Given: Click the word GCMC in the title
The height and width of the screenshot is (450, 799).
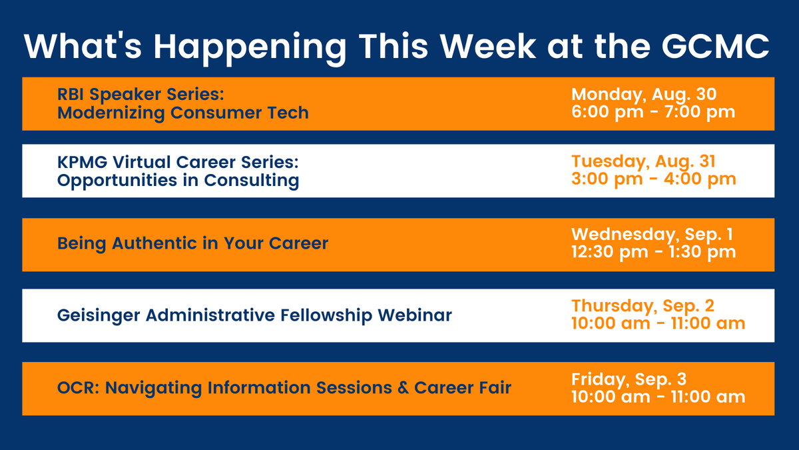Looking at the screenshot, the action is (715, 47).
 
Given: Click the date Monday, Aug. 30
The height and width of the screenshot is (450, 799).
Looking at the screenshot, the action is (644, 95).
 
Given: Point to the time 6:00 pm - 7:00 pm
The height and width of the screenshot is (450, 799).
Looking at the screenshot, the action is (653, 112).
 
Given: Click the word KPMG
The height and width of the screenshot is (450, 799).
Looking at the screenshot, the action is (82, 162).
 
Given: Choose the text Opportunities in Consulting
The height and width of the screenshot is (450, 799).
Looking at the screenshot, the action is (178, 181).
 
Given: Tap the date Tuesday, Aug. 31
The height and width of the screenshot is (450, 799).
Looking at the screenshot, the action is (643, 162).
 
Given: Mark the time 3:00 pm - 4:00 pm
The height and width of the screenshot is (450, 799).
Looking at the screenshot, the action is (653, 179).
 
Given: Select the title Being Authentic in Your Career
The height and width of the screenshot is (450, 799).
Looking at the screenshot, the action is (192, 244).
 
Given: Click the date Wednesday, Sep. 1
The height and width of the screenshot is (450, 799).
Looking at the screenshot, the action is (652, 235).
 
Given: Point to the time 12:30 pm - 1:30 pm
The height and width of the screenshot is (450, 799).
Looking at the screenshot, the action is (653, 252).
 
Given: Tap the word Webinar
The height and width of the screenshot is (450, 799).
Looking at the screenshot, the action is (415, 315).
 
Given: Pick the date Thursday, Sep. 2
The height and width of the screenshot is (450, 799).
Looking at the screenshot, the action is (643, 307).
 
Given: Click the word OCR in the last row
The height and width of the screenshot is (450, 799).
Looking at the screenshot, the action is (78, 388).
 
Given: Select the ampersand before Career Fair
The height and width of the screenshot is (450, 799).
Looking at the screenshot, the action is (403, 388).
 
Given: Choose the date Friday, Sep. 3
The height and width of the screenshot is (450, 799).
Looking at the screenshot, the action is (629, 379).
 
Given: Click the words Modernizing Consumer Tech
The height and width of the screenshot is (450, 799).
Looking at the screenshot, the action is (183, 113).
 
